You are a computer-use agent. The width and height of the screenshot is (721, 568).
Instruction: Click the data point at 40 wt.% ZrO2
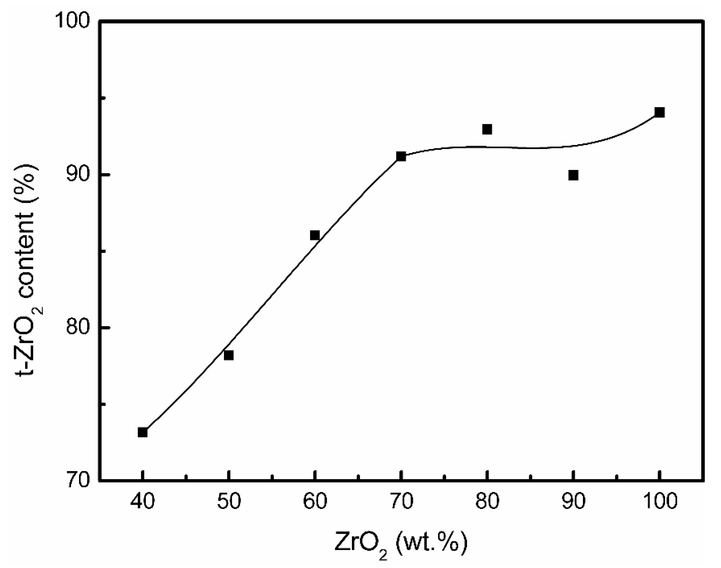point(142,432)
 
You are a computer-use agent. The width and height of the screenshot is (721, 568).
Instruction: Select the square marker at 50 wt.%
point(229,355)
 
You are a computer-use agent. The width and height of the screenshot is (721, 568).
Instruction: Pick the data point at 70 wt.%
point(401,156)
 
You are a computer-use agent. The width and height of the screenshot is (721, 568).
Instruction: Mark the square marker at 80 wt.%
point(487,129)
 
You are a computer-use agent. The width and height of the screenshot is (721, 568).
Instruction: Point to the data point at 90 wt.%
point(573,175)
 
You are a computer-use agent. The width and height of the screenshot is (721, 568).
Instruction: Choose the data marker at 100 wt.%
point(660,112)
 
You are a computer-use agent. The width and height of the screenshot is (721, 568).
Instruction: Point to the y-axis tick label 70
point(78,481)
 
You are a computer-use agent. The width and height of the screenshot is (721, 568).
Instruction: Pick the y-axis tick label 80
point(78,328)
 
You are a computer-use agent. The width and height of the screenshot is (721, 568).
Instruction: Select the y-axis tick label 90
point(78,174)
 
